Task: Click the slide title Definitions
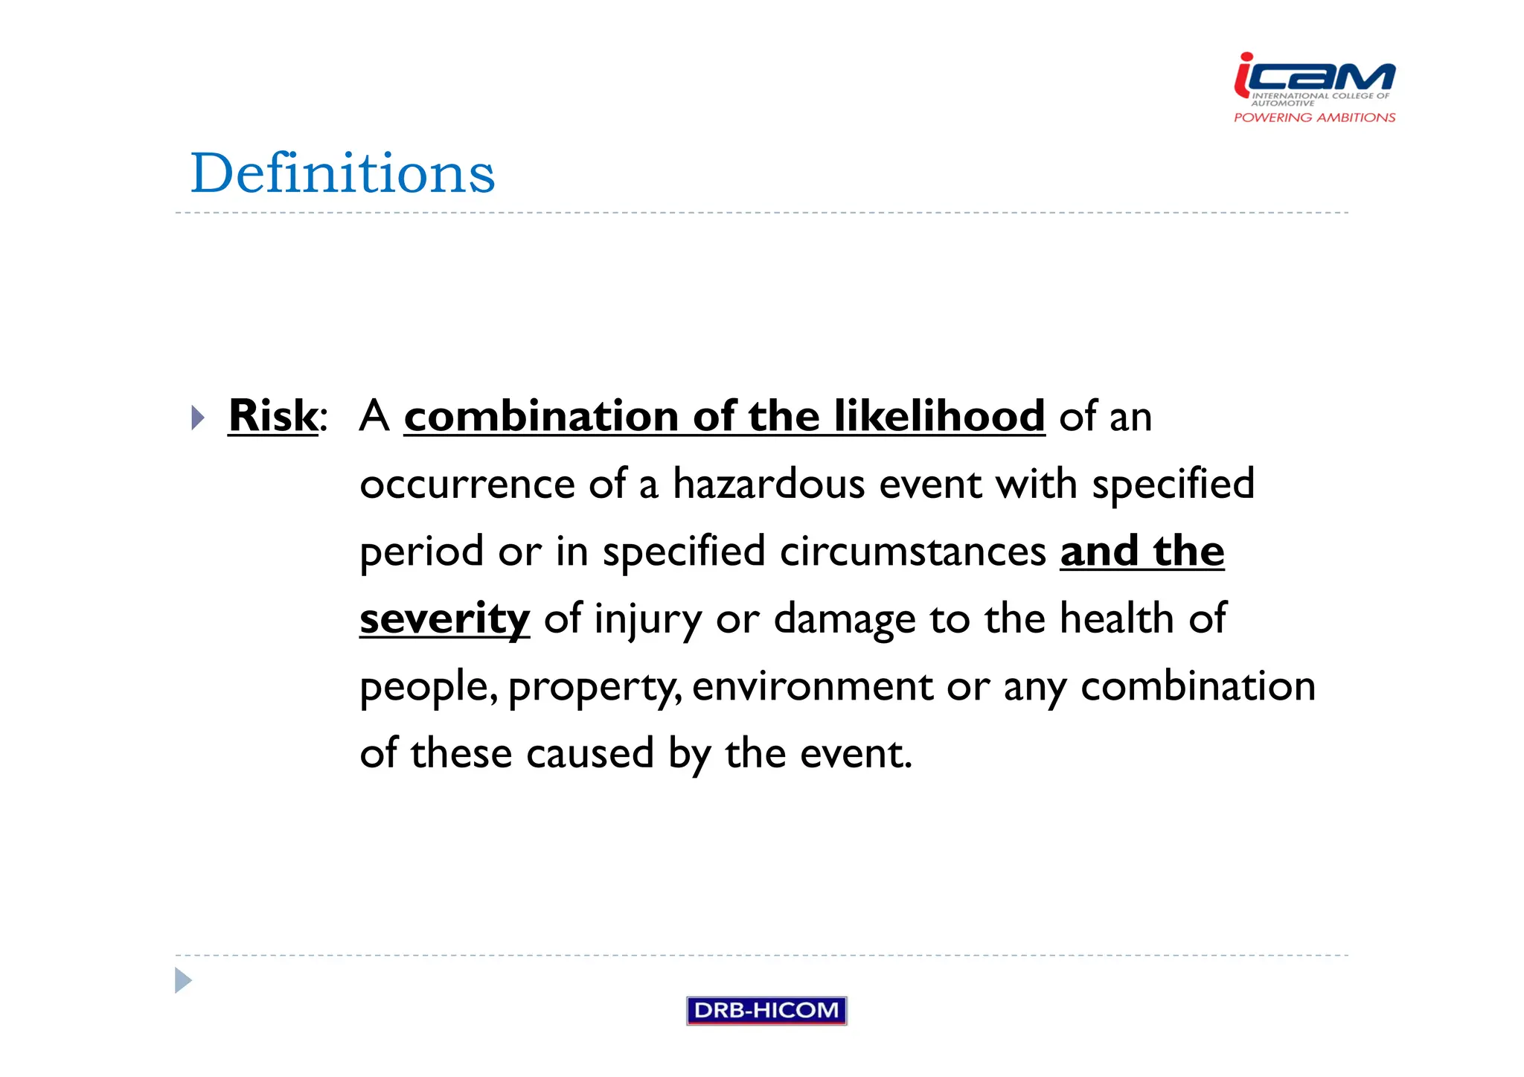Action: [342, 173]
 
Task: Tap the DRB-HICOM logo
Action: [766, 1010]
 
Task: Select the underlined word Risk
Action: [272, 415]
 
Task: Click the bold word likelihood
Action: [939, 415]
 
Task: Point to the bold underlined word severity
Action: [444, 619]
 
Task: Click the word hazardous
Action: [769, 484]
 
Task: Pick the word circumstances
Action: [913, 552]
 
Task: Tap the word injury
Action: [647, 619]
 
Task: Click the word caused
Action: [590, 753]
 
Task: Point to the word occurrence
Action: [467, 484]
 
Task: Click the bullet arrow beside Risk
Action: [197, 418]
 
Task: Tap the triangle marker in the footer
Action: [183, 980]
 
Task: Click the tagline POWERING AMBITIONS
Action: [1314, 118]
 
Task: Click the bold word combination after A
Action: [541, 415]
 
